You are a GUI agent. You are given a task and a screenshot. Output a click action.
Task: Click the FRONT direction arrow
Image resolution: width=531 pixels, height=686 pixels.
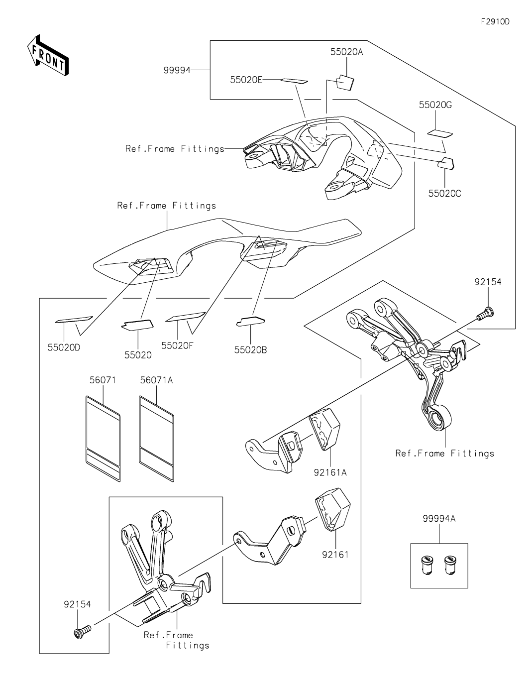47,55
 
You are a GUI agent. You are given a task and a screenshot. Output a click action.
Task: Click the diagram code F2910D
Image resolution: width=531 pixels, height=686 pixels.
495,21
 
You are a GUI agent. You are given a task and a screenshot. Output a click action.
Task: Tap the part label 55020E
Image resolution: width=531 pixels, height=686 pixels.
246,80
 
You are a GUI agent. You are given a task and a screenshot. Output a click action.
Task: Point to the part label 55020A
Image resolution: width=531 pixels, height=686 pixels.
346,52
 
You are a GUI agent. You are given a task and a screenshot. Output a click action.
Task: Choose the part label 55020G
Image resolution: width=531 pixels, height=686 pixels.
435,105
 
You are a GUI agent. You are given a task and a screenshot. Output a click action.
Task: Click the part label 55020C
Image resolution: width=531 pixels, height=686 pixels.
444,193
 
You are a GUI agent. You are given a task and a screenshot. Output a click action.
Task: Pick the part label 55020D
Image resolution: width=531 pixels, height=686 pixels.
64,347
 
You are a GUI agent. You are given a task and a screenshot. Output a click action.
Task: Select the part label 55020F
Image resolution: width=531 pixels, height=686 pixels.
177,345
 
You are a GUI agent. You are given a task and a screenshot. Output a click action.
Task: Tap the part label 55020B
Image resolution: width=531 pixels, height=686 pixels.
250,350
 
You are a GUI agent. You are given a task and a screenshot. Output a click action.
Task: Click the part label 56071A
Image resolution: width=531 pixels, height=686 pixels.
156,380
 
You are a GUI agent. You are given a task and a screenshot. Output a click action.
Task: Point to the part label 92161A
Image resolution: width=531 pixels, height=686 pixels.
330,472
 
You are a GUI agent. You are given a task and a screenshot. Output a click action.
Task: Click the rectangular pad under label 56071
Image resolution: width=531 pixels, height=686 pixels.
103,439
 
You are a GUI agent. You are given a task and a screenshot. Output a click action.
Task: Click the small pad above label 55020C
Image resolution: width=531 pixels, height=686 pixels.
445,164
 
